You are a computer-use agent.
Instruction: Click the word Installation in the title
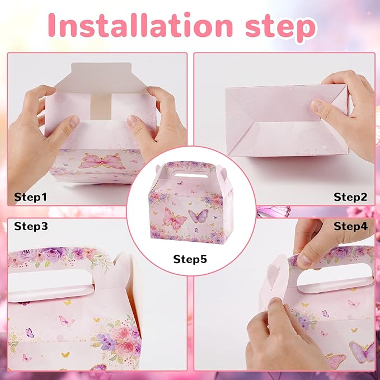click(140, 25)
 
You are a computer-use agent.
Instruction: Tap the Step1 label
click(30, 197)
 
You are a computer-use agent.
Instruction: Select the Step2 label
click(350, 197)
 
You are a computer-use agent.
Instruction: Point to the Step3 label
click(31, 226)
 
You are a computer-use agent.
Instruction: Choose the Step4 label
click(351, 226)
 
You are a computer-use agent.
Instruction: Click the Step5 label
click(190, 259)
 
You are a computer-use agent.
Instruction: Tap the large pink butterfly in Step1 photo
click(102, 161)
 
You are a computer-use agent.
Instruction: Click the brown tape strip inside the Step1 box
click(101, 107)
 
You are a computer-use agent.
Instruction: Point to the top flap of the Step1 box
click(101, 78)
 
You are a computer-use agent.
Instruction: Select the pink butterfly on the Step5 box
click(175, 219)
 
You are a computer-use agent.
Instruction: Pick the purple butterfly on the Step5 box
click(198, 215)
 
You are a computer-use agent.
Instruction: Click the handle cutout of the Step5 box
click(189, 173)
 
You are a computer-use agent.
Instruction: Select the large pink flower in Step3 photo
click(123, 336)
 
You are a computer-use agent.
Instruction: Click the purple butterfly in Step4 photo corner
click(363, 351)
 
